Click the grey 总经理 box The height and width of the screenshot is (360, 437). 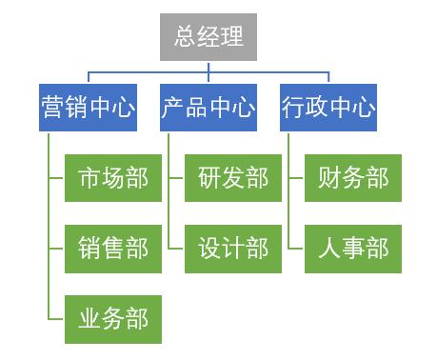click(209, 37)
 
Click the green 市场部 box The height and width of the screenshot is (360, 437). click(113, 178)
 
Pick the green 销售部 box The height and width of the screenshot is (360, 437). click(113, 249)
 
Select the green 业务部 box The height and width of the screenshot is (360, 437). click(113, 319)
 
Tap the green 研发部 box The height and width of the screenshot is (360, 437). click(233, 178)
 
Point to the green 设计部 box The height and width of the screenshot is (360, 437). click(233, 249)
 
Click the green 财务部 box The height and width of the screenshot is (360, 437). click(353, 178)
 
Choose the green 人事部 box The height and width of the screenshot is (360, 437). click(353, 249)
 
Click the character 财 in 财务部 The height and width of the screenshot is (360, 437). click(329, 178)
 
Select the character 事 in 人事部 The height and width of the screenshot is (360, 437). click(353, 249)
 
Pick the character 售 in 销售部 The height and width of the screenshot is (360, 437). click(113, 249)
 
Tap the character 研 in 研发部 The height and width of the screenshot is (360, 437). click(209, 178)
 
